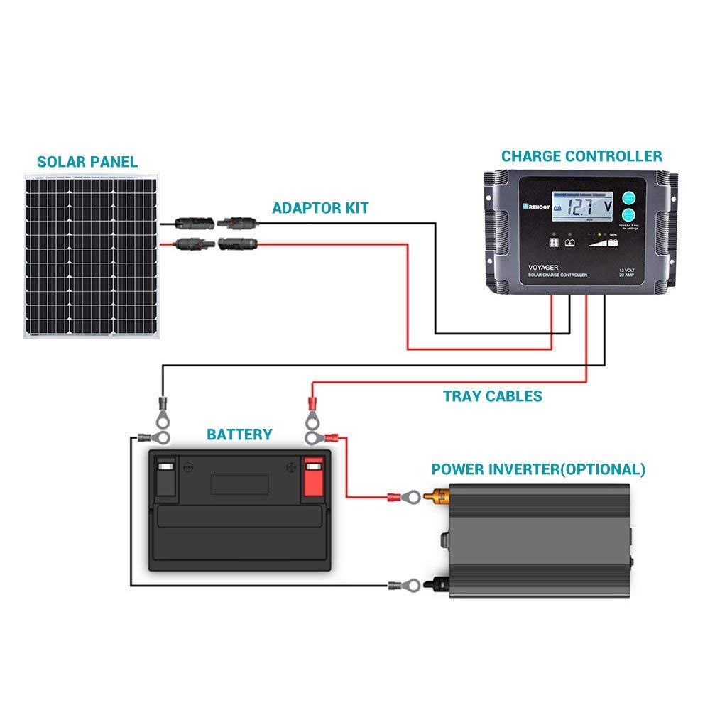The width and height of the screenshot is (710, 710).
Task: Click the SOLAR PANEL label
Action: [87, 162]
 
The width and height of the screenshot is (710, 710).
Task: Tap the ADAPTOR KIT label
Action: [320, 208]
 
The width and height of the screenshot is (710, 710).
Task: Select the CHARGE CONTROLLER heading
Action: [581, 156]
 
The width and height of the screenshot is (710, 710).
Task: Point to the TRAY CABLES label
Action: [493, 396]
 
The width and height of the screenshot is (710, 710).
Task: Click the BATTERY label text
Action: [239, 434]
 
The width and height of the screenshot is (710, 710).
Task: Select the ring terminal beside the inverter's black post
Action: [395, 586]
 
